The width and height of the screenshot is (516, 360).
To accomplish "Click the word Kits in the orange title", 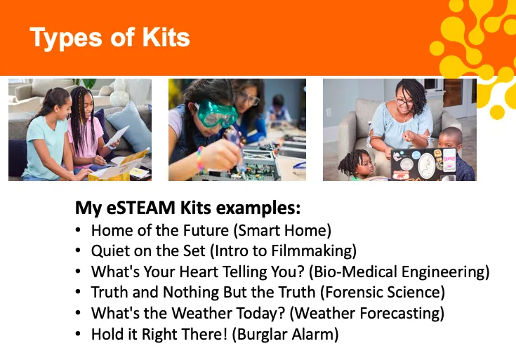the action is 166,37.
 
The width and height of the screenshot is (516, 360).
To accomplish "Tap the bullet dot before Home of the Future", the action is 78,230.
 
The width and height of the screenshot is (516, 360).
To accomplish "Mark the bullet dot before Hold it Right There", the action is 78,333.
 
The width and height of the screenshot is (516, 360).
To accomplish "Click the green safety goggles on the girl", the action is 216,113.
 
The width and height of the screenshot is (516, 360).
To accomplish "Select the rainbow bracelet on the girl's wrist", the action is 200,159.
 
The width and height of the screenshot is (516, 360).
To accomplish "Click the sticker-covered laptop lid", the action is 424,164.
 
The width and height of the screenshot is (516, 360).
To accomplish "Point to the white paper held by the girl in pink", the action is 116,136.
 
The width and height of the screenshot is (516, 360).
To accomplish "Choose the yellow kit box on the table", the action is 119,168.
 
